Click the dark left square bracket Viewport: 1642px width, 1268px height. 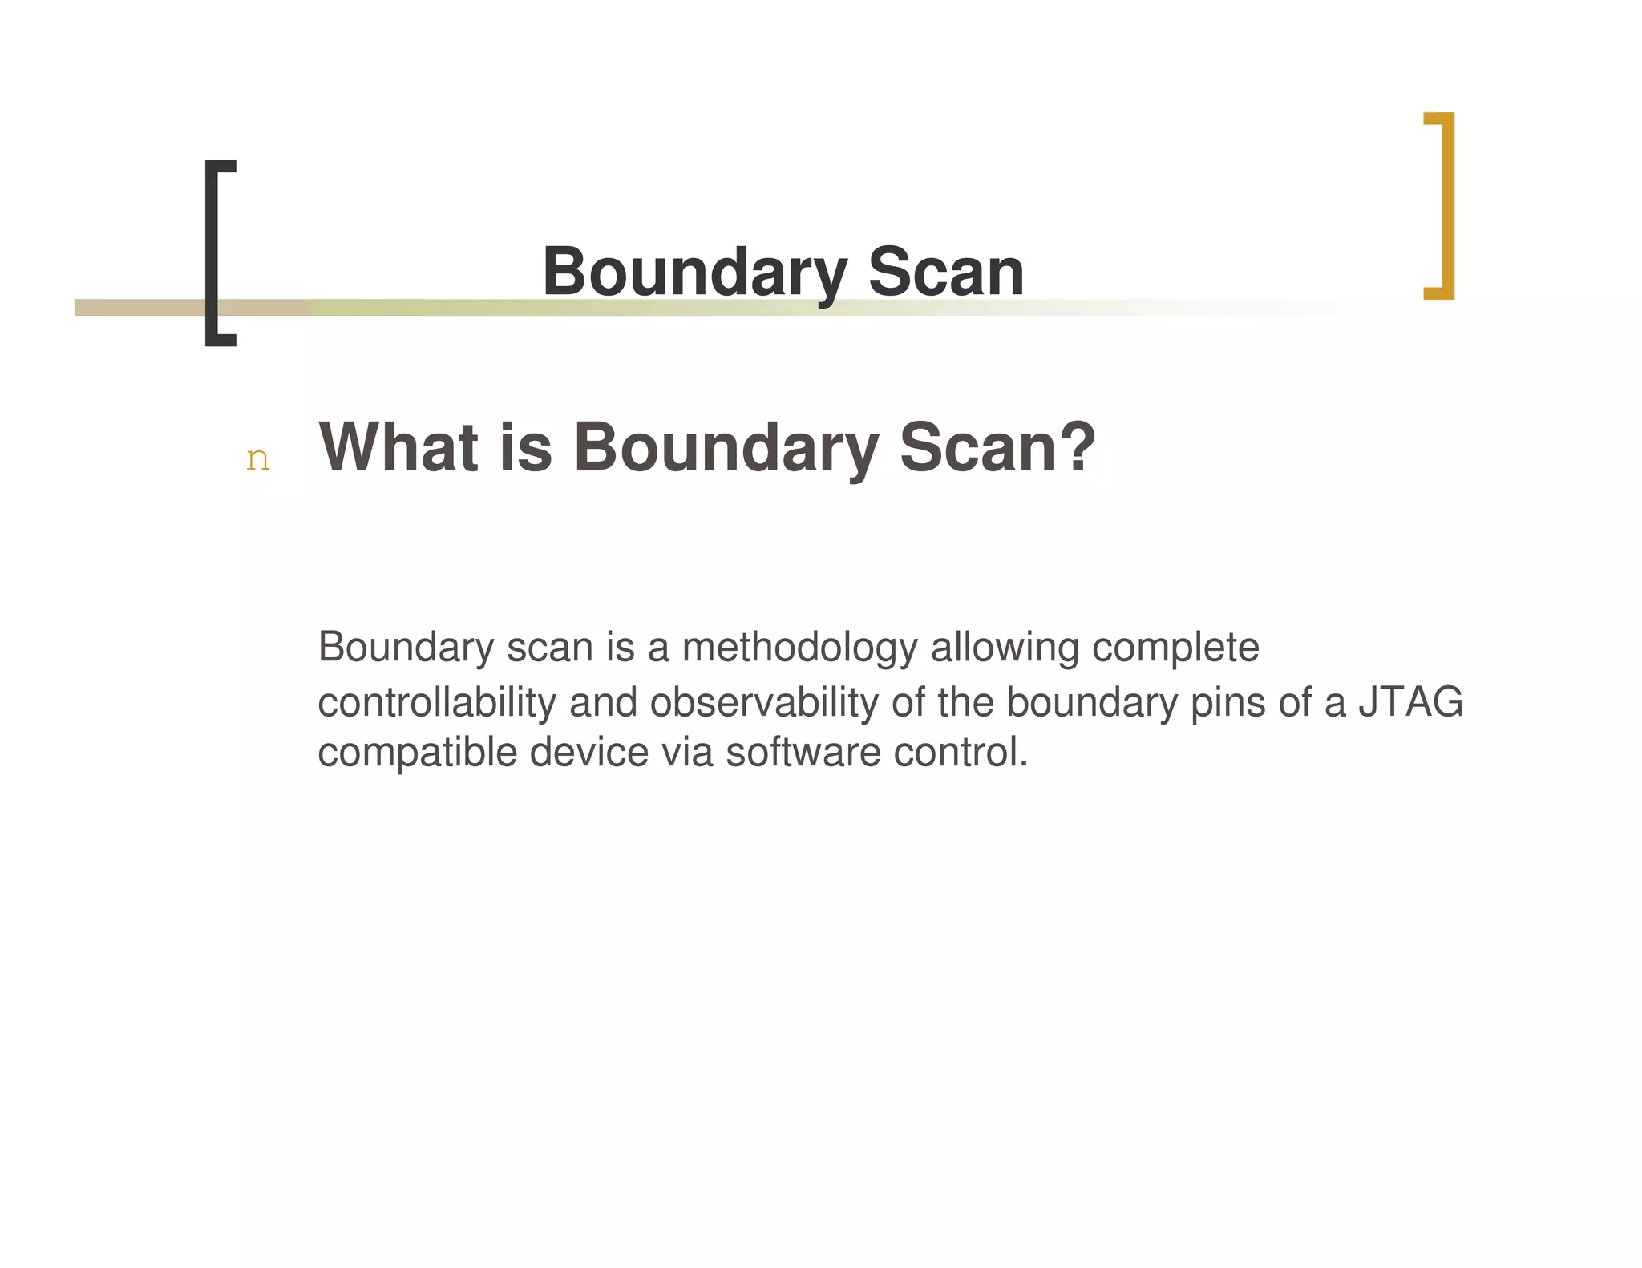click(212, 253)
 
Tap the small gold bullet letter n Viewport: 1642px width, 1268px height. click(257, 459)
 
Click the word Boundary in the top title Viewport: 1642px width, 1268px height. click(694, 273)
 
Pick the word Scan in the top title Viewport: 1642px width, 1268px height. click(946, 273)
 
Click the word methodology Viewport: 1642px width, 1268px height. click(799, 648)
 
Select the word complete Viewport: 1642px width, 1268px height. click(1175, 648)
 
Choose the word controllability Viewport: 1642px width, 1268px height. click(437, 702)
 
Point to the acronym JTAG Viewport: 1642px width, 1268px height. click(1410, 702)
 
